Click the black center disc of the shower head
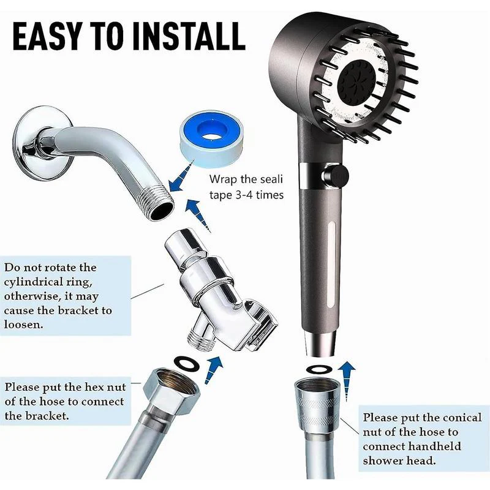tap(358, 78)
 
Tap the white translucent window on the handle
tap(331, 265)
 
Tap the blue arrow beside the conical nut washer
tap(347, 380)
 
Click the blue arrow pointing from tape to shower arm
tap(180, 178)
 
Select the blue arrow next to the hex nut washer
tap(213, 370)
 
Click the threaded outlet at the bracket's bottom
tap(202, 340)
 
